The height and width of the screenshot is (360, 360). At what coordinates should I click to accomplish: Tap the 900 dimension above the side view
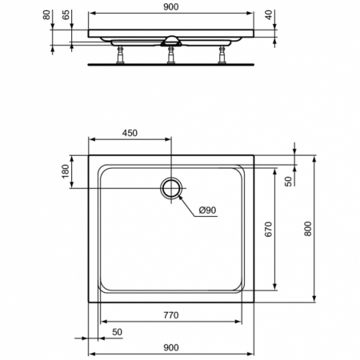click(x=170, y=6)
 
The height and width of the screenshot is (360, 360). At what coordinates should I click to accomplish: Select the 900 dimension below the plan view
click(x=170, y=346)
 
